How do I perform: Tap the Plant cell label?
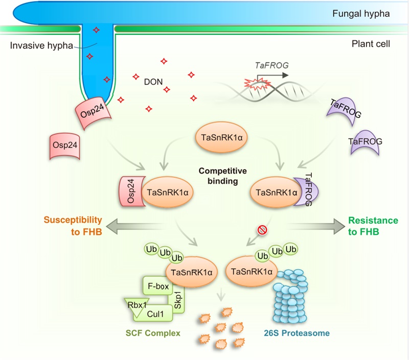click(371, 44)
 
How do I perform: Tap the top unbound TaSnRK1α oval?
click(221, 138)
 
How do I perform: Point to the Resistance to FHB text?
click(373, 226)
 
